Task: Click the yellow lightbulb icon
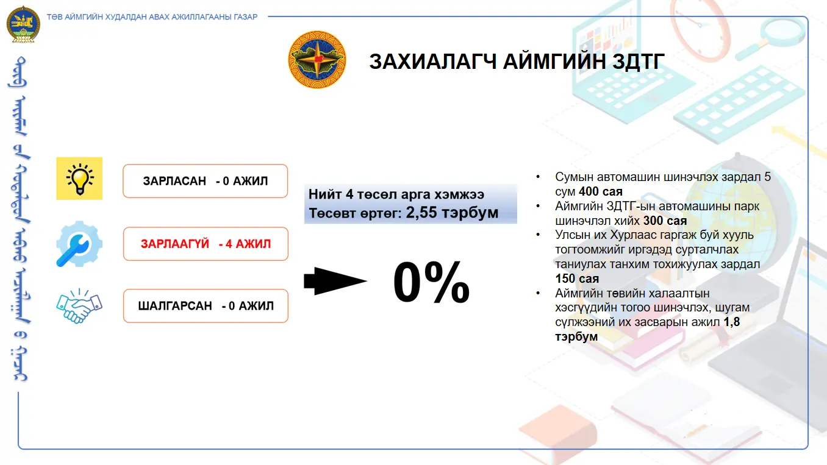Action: [x=79, y=179]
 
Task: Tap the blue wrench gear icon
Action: [x=79, y=244]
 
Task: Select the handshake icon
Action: [x=79, y=306]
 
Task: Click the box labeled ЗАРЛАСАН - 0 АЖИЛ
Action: [x=206, y=181]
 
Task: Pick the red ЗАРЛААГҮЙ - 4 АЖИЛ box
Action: [x=206, y=244]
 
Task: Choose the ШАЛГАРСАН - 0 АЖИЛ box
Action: [x=206, y=306]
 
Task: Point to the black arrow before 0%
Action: [x=335, y=281]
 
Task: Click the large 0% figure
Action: [x=431, y=282]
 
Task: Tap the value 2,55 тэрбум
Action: [x=453, y=213]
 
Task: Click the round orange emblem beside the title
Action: [x=317, y=60]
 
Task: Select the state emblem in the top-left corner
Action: [x=23, y=24]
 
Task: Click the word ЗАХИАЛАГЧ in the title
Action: [x=432, y=62]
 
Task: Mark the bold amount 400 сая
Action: [x=601, y=191]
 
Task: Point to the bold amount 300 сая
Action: [x=665, y=221]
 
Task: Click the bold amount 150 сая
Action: [x=577, y=279]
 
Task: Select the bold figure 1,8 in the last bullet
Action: [x=731, y=322]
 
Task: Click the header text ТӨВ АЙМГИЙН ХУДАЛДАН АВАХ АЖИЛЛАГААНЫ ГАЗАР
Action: [x=152, y=16]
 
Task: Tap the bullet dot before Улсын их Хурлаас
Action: [x=538, y=235]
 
